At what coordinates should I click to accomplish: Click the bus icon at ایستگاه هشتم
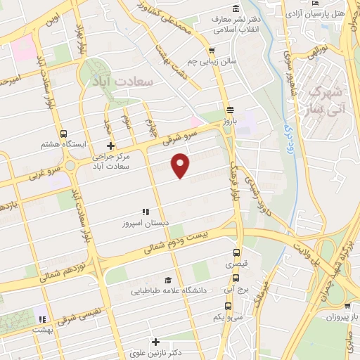[x=64, y=133]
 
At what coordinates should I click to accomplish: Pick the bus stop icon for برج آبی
[x=236, y=277]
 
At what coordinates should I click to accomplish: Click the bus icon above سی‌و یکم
[x=228, y=305]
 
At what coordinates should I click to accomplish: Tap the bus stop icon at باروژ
[x=230, y=108]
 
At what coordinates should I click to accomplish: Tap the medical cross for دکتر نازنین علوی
[x=155, y=341]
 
